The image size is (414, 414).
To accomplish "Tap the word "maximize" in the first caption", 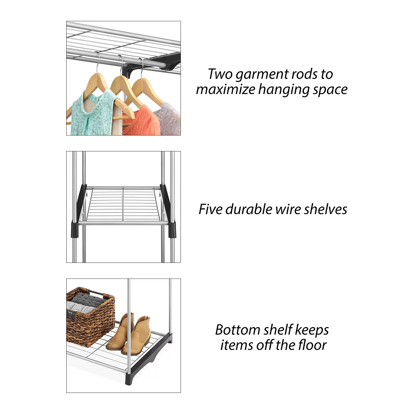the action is [x=226, y=89].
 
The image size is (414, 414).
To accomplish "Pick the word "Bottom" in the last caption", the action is [x=238, y=330].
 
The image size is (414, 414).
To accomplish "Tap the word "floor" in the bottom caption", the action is [x=313, y=345].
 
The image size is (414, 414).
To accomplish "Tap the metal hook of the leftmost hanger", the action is [x=98, y=63].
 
